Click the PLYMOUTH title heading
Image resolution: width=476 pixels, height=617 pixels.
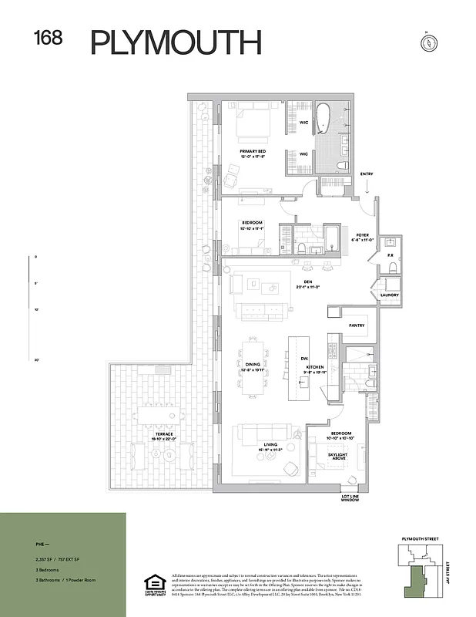[176, 42]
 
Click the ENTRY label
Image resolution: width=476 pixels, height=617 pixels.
[367, 174]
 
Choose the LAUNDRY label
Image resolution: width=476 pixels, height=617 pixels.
[389, 294]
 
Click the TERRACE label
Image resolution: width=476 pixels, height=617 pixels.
[164, 436]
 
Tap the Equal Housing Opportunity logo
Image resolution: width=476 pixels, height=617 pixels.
[156, 585]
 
